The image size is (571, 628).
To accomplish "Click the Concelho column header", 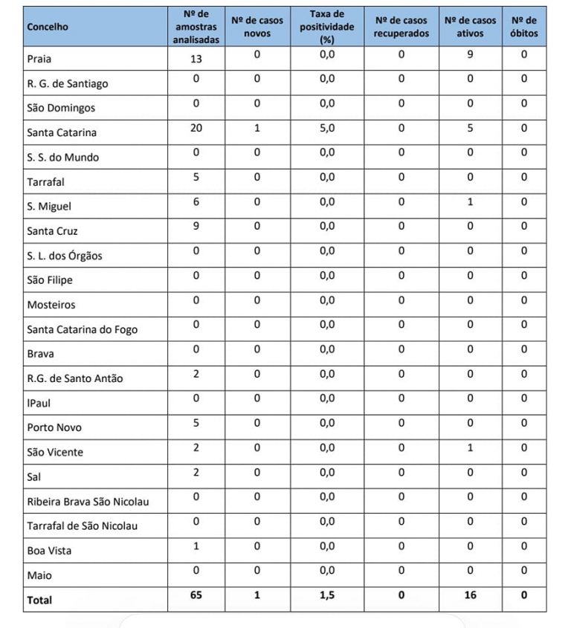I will point(48,27).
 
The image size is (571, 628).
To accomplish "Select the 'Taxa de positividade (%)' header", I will point(327,27).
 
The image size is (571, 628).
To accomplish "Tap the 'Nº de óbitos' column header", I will point(524,27).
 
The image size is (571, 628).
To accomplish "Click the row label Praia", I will point(39,59).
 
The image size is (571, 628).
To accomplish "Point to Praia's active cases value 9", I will point(470,54).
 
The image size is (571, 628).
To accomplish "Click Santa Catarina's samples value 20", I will point(196,128).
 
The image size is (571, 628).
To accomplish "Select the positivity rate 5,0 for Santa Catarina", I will point(327,128).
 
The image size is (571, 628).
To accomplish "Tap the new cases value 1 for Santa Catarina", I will point(257,128).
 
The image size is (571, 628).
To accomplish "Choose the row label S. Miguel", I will point(49,207).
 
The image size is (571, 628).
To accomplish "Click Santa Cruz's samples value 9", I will point(196,226).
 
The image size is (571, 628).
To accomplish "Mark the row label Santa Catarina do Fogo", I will point(82,329).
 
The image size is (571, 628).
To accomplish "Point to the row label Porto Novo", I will point(54,427).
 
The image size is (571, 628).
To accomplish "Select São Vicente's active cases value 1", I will point(470,447).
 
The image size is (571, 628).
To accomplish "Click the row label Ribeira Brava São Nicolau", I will point(88,502).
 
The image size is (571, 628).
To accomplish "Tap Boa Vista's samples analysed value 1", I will point(196,546).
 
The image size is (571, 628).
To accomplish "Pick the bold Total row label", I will point(39,599).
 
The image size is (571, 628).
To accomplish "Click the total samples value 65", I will point(196,595).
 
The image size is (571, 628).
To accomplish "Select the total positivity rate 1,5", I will point(327,595).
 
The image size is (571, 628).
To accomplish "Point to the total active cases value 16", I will point(470,595).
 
